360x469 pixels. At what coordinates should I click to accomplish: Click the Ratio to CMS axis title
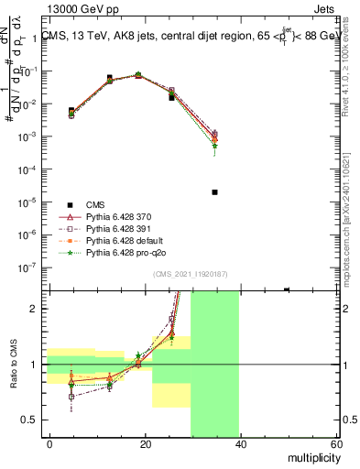pyautogui.click(x=12, y=364)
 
